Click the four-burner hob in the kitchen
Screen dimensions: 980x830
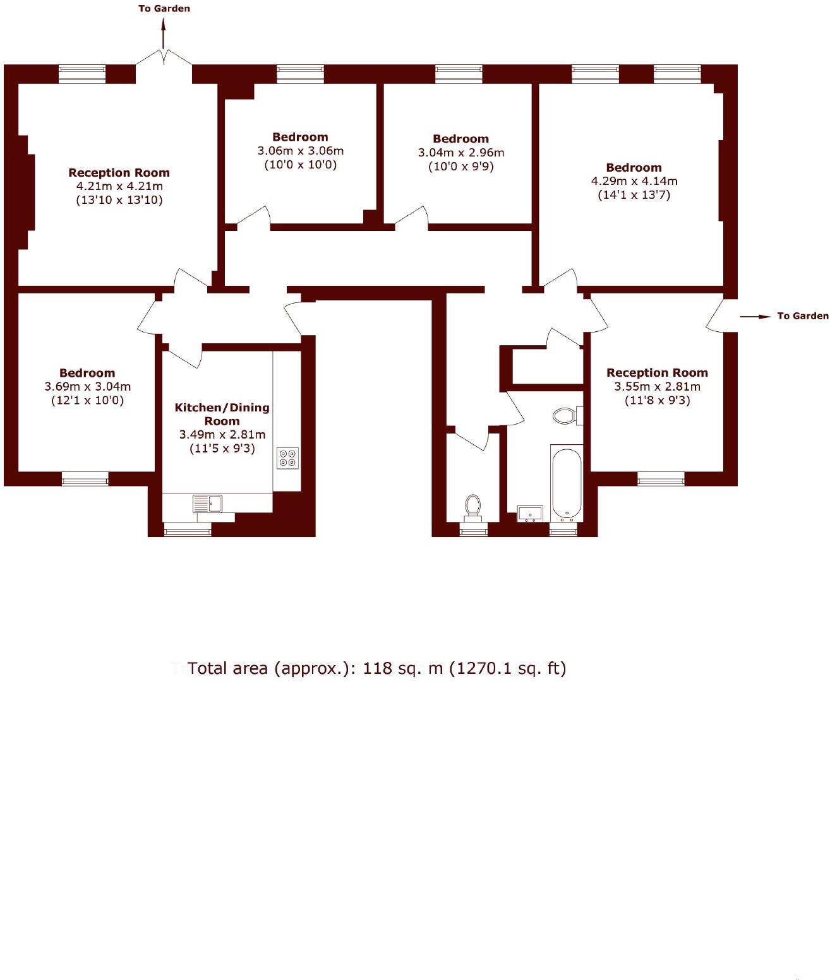[x=288, y=458]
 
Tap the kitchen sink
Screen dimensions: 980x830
[x=208, y=504]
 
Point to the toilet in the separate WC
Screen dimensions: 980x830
[x=472, y=506]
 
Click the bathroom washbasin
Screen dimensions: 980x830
[x=529, y=513]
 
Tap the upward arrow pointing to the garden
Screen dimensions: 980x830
[x=164, y=34]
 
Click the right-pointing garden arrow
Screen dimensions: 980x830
[x=755, y=316]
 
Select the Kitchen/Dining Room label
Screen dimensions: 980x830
[x=222, y=414]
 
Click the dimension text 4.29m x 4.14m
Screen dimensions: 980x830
[x=634, y=181]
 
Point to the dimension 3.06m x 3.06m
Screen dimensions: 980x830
[x=300, y=151]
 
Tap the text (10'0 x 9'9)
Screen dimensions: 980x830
[x=460, y=167]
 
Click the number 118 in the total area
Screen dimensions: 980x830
[x=378, y=668]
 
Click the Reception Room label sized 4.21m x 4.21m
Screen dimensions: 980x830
[x=119, y=172]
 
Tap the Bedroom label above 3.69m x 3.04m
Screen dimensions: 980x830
[x=87, y=373]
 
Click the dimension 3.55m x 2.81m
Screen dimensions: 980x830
[x=657, y=386]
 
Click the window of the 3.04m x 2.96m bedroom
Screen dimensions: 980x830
[x=459, y=74]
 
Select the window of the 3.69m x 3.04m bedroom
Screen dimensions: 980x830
[x=85, y=480]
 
